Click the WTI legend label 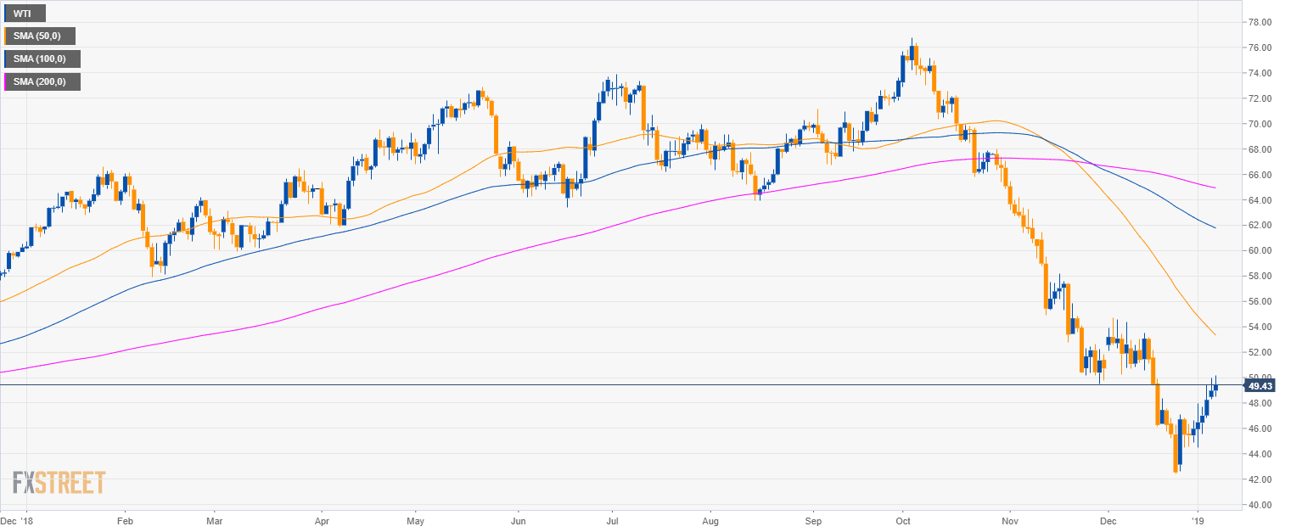[x=23, y=14]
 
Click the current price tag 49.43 [x=1260, y=386]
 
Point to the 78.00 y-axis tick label [x=1259, y=22]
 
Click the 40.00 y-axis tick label [x=1259, y=505]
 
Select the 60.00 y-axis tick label [x=1259, y=251]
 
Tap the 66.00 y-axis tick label [x=1259, y=175]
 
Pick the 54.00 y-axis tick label [x=1259, y=327]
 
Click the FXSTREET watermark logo [x=59, y=483]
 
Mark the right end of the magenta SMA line [x=1216, y=188]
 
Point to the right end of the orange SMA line [x=1216, y=335]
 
